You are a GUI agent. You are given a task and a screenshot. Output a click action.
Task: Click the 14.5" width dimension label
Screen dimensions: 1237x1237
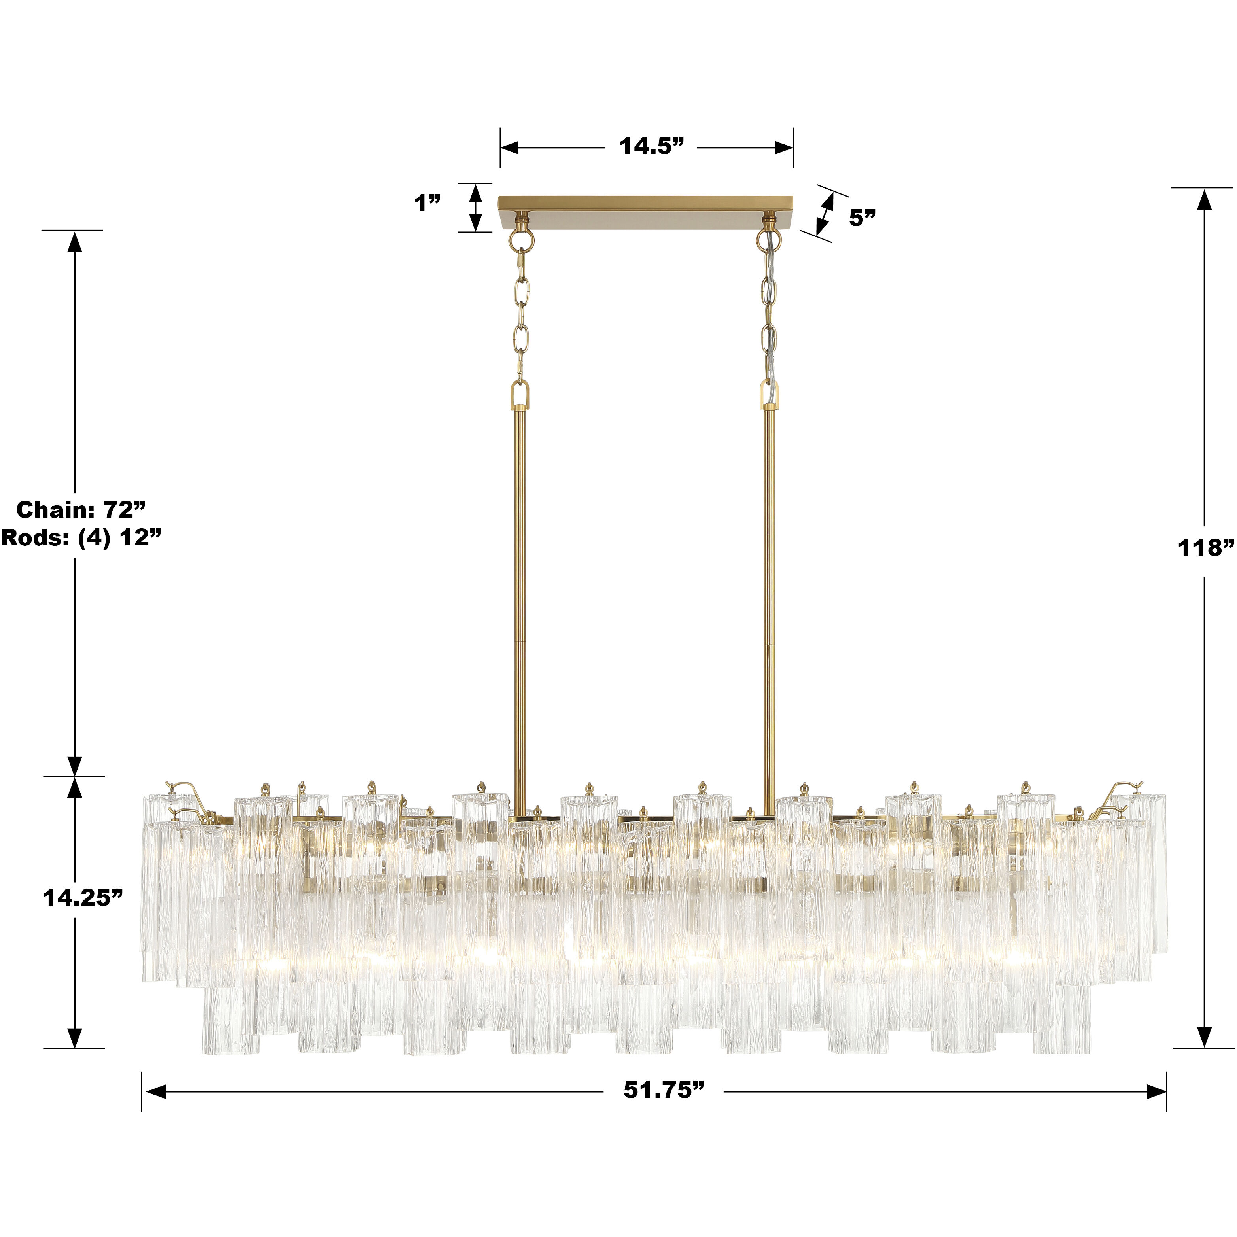point(651,147)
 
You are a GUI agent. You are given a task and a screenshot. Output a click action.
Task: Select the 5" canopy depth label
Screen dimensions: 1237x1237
point(862,218)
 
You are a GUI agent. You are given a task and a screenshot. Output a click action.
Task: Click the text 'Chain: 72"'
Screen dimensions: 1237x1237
point(81,510)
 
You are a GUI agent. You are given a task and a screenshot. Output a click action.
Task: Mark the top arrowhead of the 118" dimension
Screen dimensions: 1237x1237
point(1204,200)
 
